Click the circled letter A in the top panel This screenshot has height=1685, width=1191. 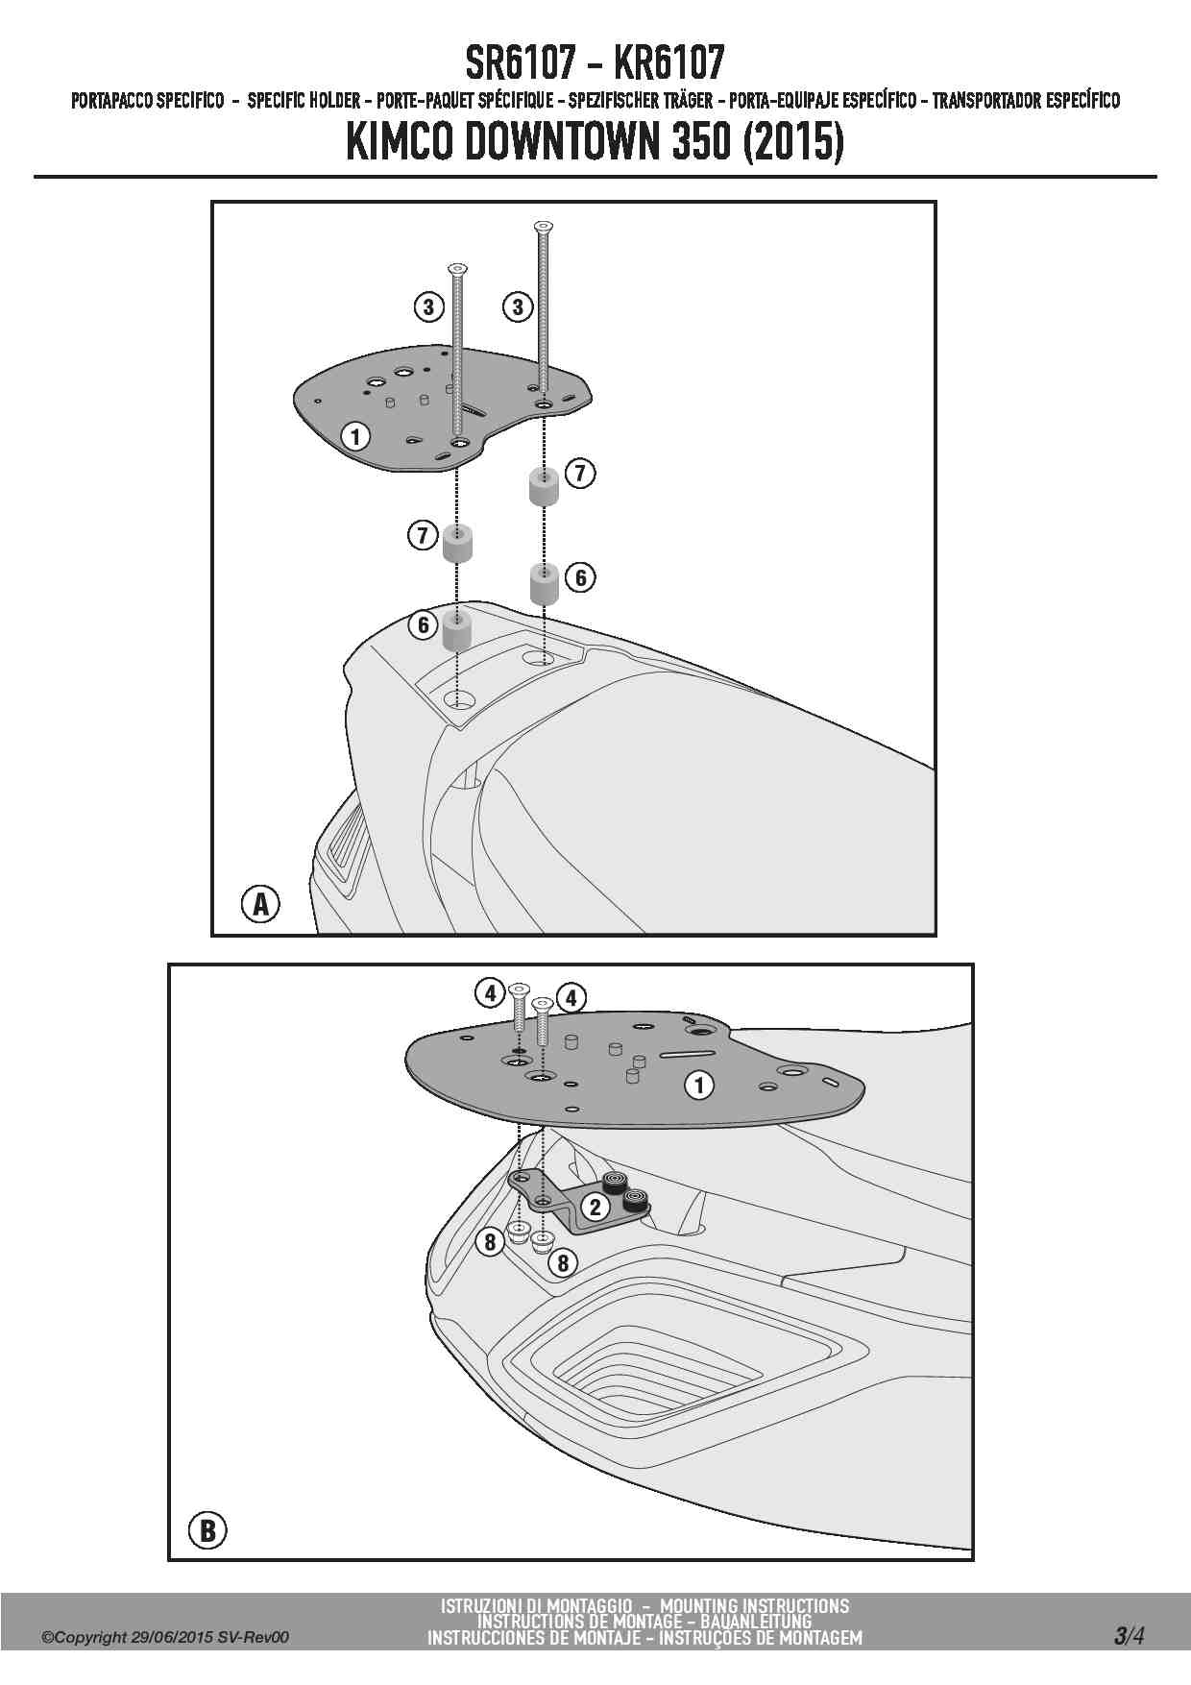(260, 904)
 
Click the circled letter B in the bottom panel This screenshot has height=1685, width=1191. (207, 1529)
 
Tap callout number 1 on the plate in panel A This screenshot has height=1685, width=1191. (355, 437)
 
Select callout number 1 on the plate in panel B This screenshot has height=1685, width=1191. (699, 1086)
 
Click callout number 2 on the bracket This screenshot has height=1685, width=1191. (595, 1208)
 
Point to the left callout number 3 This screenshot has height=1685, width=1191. (428, 307)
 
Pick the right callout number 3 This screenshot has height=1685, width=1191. (518, 307)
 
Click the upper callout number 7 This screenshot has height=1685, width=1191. (580, 473)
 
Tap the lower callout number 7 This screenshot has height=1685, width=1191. (423, 535)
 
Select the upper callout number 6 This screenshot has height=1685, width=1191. (580, 577)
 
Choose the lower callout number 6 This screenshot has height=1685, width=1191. (423, 625)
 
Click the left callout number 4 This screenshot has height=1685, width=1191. (491, 993)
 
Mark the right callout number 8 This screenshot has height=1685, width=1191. (563, 1261)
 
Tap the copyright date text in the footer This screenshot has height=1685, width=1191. (165, 1638)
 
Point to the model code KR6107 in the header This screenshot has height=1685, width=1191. (668, 63)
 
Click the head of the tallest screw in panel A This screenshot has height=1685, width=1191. (544, 226)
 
